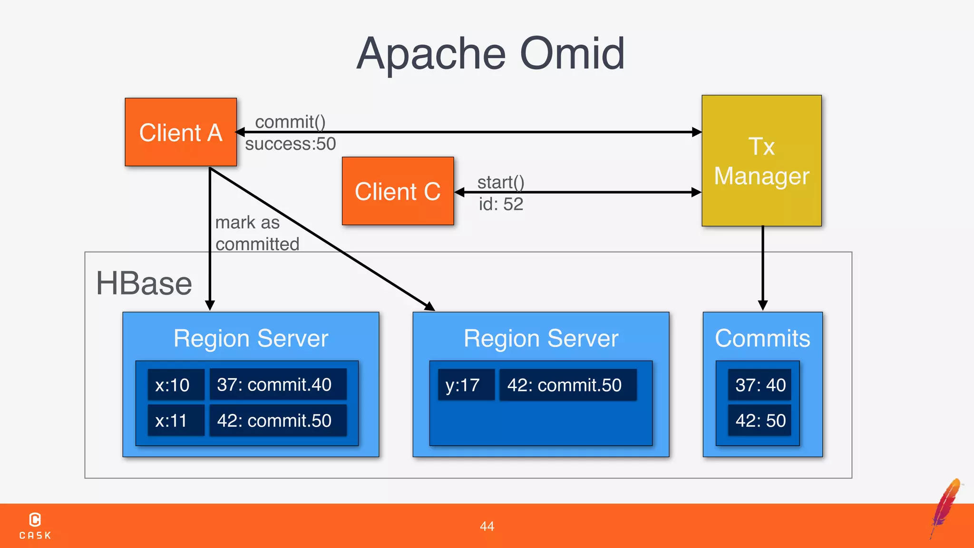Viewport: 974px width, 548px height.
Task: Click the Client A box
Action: (181, 132)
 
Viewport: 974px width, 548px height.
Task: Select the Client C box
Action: (398, 191)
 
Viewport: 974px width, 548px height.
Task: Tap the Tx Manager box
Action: (761, 161)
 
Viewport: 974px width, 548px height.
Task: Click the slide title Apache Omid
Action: (490, 54)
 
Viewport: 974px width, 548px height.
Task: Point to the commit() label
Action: (290, 122)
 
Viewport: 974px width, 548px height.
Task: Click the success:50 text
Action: (290, 144)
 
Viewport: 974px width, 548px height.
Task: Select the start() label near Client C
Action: (500, 182)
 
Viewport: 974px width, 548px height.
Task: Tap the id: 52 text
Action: (500, 204)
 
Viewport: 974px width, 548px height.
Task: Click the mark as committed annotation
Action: (257, 233)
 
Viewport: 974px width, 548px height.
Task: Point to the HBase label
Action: (144, 284)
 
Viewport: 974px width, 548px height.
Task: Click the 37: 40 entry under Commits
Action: (760, 385)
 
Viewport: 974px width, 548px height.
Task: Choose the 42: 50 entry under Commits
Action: (760, 421)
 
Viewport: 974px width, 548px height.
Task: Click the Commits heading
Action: (762, 338)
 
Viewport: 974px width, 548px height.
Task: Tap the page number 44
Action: (487, 526)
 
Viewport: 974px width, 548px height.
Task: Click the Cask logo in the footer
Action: (35, 525)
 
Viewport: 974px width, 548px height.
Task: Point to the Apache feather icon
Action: (946, 507)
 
